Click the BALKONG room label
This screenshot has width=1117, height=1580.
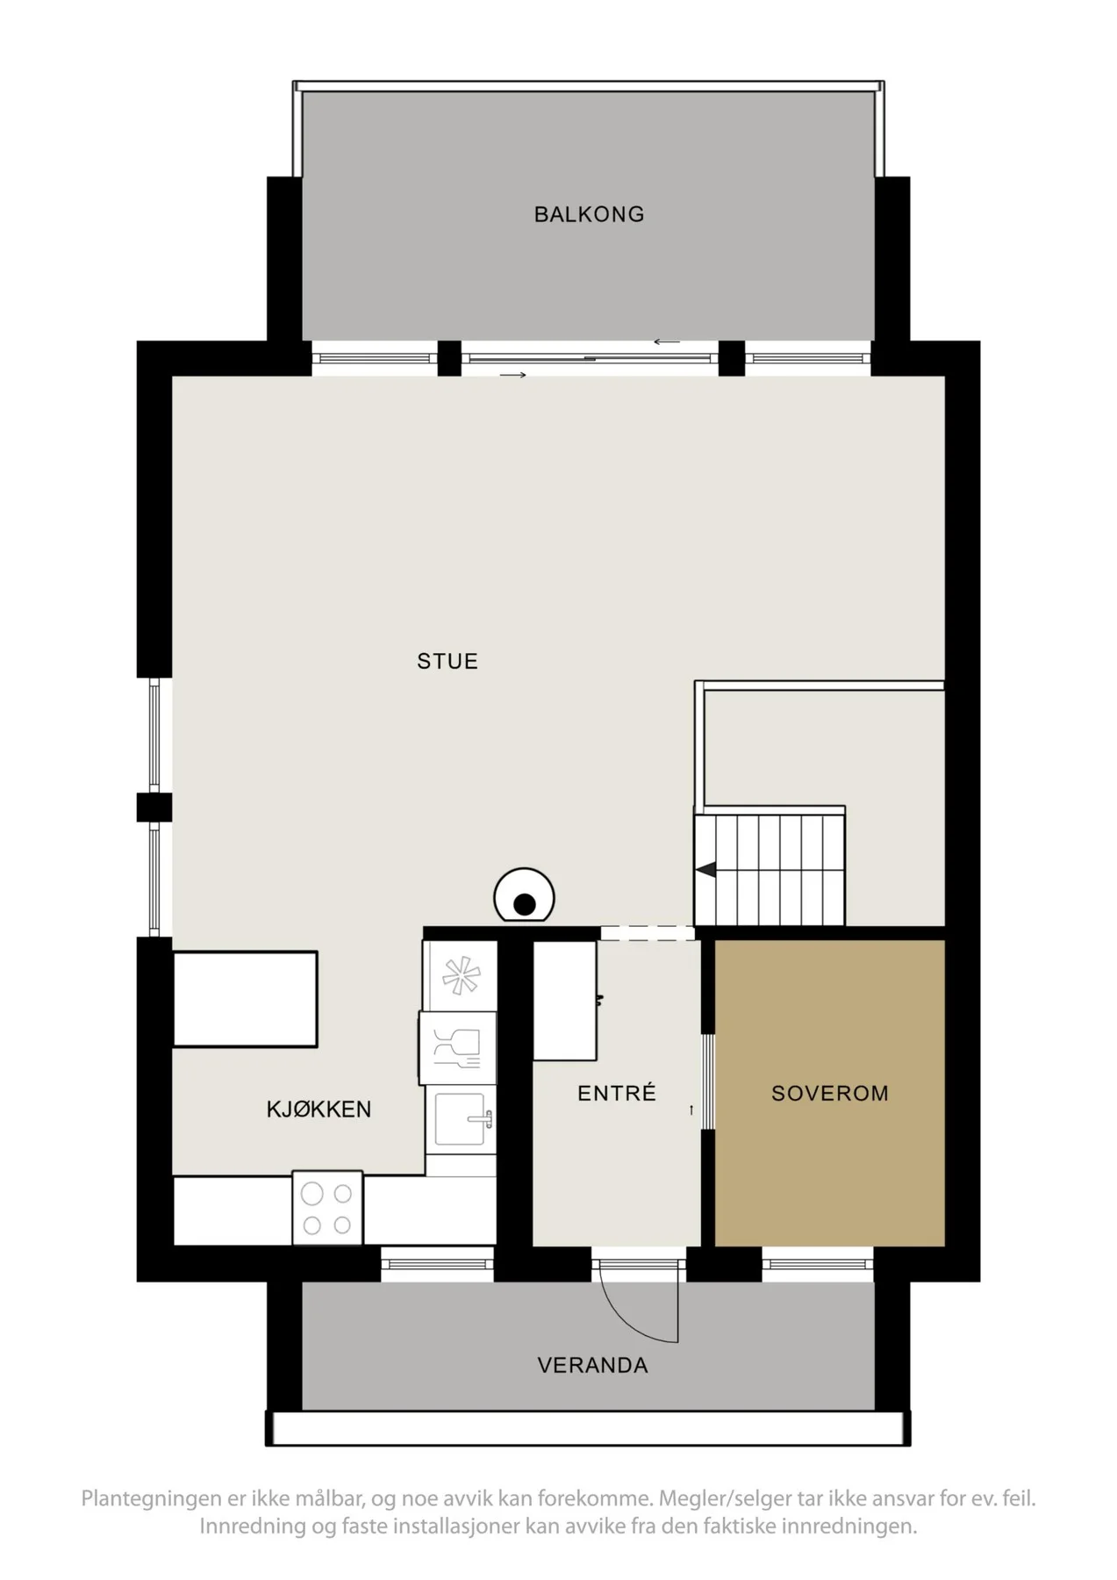[589, 214]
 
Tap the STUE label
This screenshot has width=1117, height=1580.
[448, 661]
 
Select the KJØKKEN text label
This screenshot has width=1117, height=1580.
[319, 1110]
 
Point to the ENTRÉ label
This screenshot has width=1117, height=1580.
[617, 1093]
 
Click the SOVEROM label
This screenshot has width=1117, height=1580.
[830, 1094]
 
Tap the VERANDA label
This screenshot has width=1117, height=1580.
[593, 1365]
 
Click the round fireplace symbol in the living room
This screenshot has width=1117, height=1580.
[524, 896]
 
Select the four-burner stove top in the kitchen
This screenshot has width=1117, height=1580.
[327, 1208]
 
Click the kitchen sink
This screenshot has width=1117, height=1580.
[461, 1121]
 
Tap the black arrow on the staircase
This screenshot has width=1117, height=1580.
[706, 869]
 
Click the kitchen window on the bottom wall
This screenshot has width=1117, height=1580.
[438, 1264]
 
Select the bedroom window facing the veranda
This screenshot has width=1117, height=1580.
[818, 1264]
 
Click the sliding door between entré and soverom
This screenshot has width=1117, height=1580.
[708, 1081]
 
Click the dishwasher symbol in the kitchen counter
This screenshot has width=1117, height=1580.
[458, 1047]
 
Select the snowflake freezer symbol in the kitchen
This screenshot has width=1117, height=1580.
[461, 976]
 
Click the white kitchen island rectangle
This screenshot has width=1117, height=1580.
[245, 999]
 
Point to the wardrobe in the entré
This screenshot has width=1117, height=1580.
[566, 1001]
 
